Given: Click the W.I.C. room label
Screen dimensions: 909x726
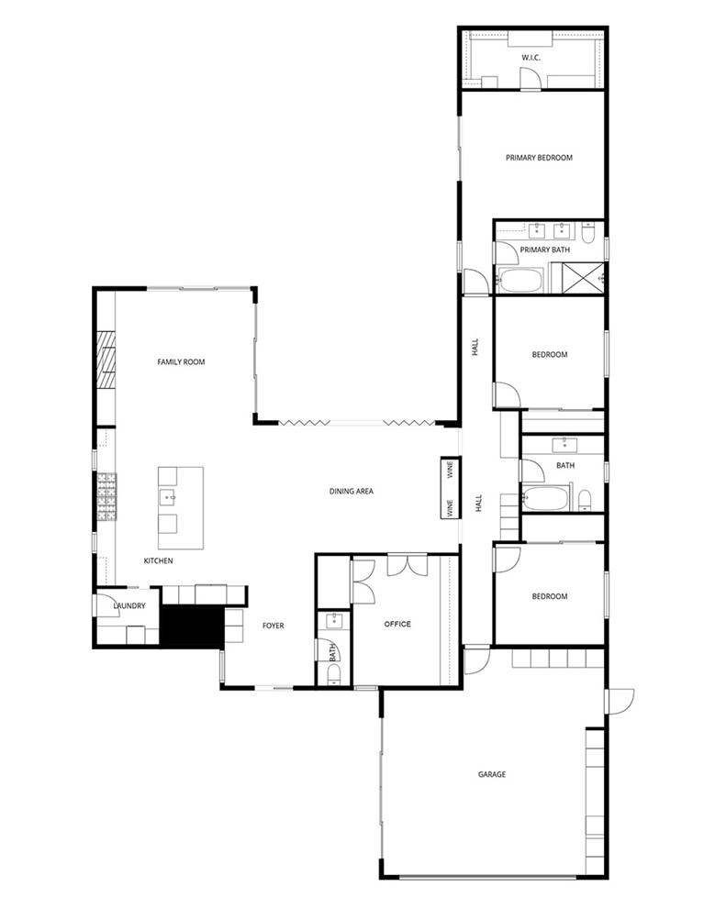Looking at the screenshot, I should tap(531, 58).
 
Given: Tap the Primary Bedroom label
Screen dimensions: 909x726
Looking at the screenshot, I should tap(539, 158).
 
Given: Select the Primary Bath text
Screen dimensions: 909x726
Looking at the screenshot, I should tap(544, 249).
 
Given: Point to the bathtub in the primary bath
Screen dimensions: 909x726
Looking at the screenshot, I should tap(520, 280).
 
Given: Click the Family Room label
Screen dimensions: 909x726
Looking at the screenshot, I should tap(181, 362).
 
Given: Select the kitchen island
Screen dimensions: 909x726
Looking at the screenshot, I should tap(180, 500).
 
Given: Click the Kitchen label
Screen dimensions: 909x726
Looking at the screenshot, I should tap(159, 560).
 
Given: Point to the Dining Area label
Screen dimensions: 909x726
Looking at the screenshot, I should tap(352, 492).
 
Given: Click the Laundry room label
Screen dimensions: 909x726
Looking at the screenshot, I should tap(129, 606).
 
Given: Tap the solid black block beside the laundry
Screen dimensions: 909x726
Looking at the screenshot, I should tap(191, 627).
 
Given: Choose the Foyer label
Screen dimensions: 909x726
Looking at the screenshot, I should tap(273, 626).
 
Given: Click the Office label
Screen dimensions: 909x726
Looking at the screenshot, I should tap(397, 624).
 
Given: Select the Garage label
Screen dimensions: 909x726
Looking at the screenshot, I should tap(492, 774).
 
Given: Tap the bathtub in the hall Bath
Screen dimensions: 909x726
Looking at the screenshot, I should tap(548, 500).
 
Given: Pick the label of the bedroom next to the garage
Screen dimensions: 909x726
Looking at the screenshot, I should tap(550, 596).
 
